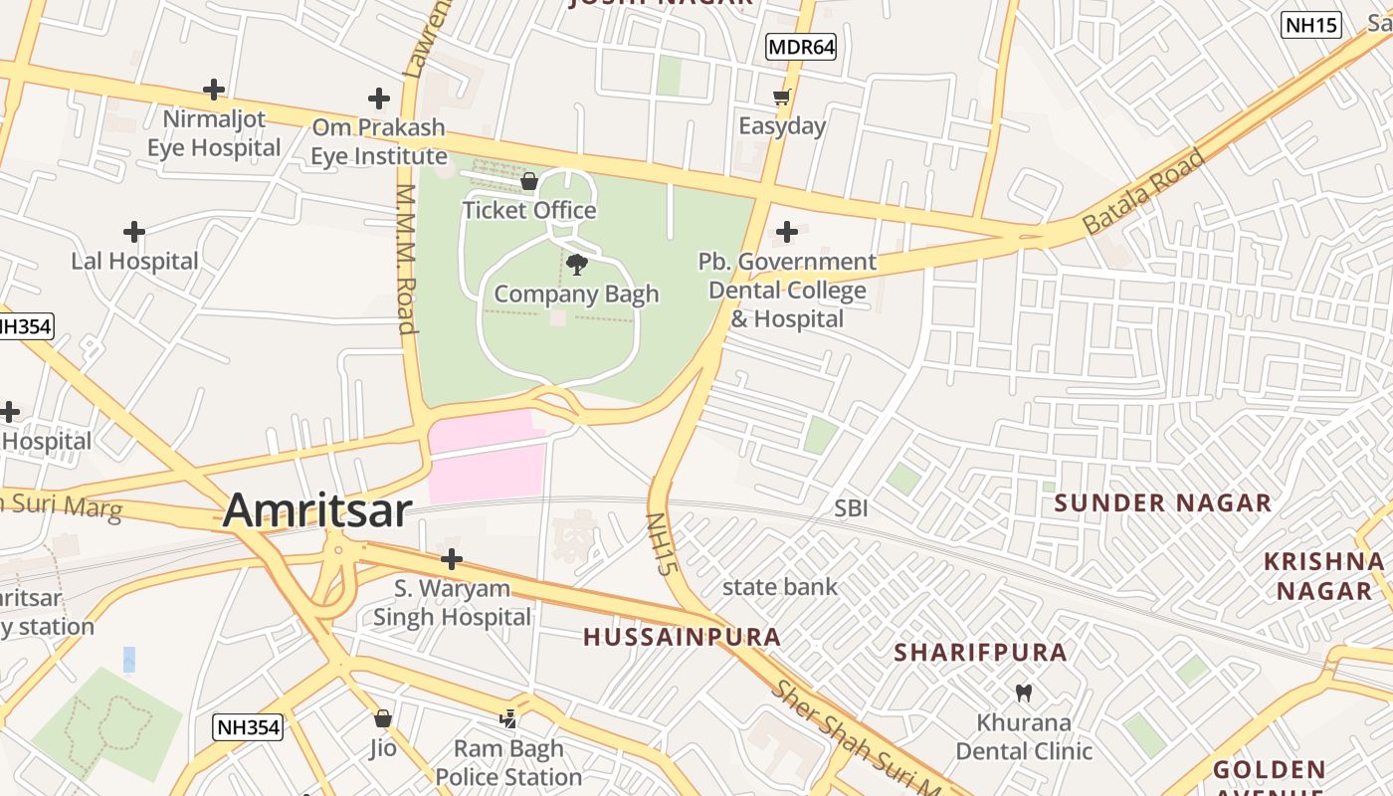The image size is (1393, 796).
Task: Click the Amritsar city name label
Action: point(316,510)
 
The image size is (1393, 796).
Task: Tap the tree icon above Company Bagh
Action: point(576,264)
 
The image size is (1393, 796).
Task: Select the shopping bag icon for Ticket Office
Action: point(529,181)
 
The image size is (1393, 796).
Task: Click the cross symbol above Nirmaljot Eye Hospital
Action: point(214,90)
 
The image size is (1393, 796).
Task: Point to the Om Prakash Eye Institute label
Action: point(378,142)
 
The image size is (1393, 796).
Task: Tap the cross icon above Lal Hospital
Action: point(134,232)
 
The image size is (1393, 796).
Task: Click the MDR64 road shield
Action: point(800,46)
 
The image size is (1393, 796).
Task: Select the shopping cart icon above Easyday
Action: point(782,97)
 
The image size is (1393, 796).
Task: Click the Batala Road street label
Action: point(1143,191)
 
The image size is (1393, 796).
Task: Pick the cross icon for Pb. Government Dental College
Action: point(787,232)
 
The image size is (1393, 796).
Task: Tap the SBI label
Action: point(851,508)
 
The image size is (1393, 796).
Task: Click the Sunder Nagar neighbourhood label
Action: point(1162,502)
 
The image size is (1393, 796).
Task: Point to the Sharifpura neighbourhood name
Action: point(980,653)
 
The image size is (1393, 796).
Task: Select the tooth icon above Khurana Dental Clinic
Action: point(1023,693)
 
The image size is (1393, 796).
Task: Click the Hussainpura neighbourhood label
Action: point(682,637)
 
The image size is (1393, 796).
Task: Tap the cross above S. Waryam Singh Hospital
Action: point(452,558)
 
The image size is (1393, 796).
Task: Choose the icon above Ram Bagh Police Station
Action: point(508,718)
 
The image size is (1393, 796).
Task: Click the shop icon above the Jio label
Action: point(383,718)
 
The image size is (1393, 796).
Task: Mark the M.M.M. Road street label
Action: point(406,259)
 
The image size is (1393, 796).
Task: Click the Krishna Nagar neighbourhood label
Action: point(1323,576)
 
